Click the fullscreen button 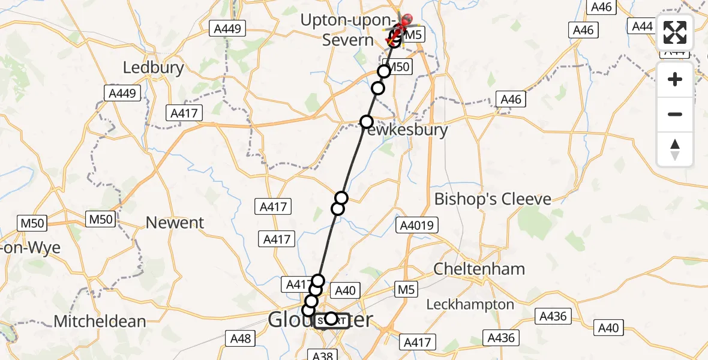coord(675,32)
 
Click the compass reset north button coord(675,149)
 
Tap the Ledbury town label coord(153,67)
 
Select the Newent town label coord(175,223)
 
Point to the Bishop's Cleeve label coord(493,199)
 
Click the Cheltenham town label coord(479,268)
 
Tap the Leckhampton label coord(470,305)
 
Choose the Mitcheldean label coord(100,321)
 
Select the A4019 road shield coord(416,226)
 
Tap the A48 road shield coord(241,339)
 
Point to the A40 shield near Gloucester coord(345,291)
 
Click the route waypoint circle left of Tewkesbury coord(367,122)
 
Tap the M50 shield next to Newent coord(100,219)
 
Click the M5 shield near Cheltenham coord(406,290)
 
